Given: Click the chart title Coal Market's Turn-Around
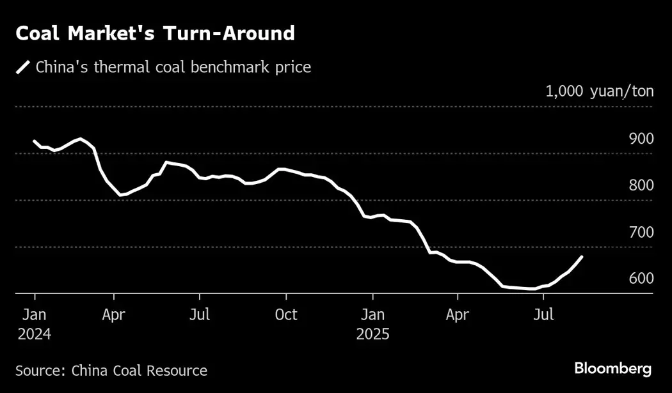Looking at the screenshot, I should [155, 33].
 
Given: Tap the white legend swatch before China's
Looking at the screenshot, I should [23, 67].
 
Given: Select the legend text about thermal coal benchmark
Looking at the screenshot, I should [173, 67].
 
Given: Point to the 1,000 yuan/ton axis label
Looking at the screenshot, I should [600, 91].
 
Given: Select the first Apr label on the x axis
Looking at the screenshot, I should [114, 315].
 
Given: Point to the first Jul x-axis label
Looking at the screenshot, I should [200, 315].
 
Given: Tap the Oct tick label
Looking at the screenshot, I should [286, 315].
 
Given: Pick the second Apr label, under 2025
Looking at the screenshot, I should [458, 315].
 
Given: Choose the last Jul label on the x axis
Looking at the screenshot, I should [543, 315].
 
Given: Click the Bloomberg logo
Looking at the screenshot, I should [612, 369].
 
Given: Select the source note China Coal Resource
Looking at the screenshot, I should [111, 371].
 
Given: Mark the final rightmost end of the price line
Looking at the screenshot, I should [581, 257].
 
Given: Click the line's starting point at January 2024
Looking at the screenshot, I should [34, 141].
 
